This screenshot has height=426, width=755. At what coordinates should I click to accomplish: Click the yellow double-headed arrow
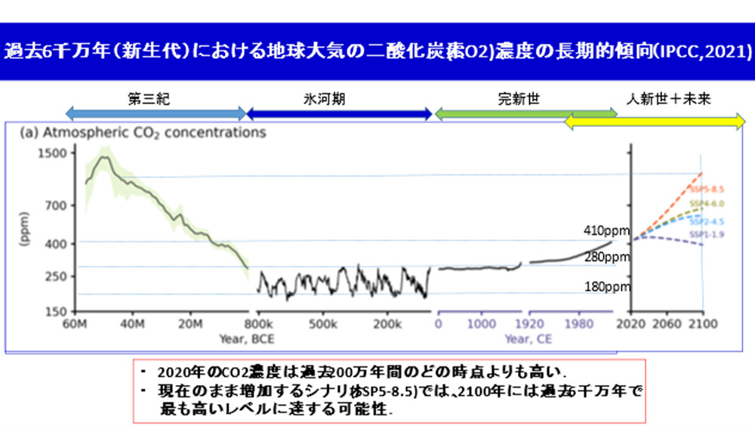655,122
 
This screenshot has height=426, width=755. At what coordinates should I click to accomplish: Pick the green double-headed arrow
525,114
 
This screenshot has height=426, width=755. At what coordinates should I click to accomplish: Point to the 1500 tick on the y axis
54,153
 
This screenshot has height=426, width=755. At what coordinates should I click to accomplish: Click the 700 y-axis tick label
57,205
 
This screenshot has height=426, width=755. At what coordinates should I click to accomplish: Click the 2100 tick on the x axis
702,326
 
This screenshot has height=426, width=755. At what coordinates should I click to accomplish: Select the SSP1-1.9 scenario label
707,236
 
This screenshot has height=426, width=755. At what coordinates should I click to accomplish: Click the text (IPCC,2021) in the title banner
702,54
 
